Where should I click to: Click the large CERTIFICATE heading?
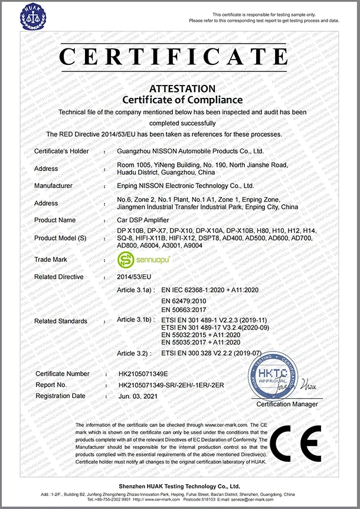click(x=179, y=57)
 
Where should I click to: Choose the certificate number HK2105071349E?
click(x=143, y=373)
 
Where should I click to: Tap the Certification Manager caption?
click(x=287, y=404)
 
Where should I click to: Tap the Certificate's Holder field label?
click(x=61, y=151)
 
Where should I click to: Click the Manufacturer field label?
click(x=53, y=185)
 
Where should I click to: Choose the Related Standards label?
click(x=61, y=321)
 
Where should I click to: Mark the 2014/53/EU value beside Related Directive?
click(x=135, y=277)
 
